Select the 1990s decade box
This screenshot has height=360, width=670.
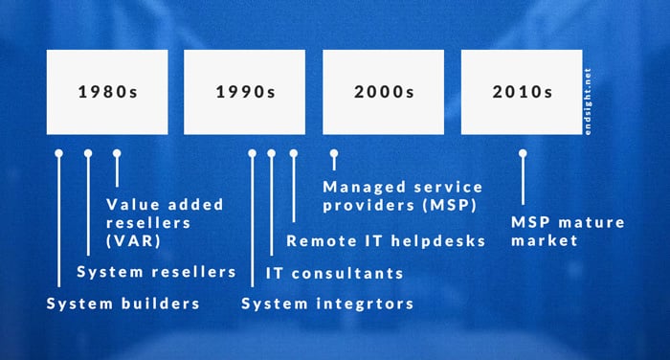click(244, 92)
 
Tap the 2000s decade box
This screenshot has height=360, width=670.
click(383, 92)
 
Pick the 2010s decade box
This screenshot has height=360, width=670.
click(522, 92)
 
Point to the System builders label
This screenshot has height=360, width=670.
click(123, 304)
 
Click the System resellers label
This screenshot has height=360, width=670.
click(156, 272)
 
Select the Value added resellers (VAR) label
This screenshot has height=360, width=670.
click(165, 221)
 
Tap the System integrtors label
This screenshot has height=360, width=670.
click(327, 304)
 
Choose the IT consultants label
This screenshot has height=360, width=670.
click(334, 274)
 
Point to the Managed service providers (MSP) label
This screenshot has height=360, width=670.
click(402, 194)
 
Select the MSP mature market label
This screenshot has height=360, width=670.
click(567, 231)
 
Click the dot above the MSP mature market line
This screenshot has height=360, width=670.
click(523, 153)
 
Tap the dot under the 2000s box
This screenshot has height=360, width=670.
click(334, 153)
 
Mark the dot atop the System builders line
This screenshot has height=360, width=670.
click(58, 153)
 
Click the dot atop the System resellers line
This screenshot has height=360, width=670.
click(88, 153)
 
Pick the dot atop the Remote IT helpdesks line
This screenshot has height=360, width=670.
click(293, 153)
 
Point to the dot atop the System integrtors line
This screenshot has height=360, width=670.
click(253, 153)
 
